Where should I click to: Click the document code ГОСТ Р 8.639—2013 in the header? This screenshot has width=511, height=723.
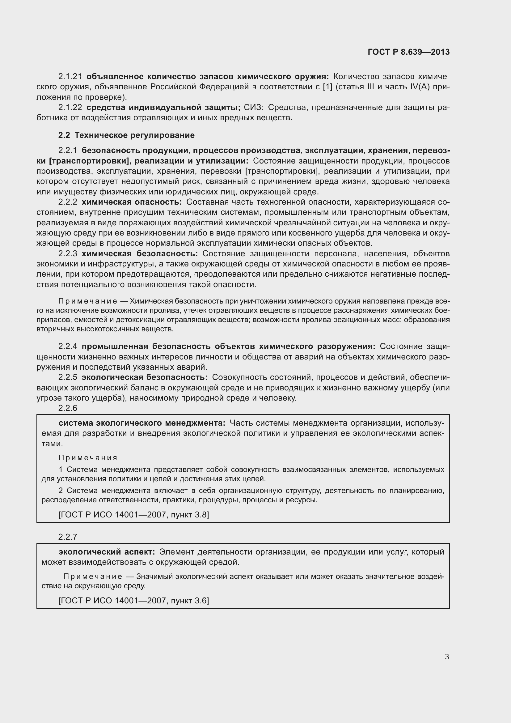[x=408, y=52]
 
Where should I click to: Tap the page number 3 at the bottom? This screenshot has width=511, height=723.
[x=447, y=657]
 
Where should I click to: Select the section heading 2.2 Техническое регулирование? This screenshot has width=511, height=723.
[x=126, y=135]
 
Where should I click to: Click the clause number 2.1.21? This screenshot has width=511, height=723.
[x=70, y=77]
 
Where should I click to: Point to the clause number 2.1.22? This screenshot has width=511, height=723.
[x=70, y=108]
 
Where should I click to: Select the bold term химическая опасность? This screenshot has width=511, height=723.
[x=132, y=202]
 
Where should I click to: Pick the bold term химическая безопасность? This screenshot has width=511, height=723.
[x=140, y=254]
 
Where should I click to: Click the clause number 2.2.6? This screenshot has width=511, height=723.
[x=68, y=408]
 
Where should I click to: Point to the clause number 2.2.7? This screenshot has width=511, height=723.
[x=68, y=537]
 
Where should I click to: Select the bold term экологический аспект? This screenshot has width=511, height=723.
[x=107, y=552]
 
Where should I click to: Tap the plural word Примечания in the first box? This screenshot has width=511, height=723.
[x=88, y=458]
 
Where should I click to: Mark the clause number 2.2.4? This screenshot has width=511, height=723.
[x=68, y=347]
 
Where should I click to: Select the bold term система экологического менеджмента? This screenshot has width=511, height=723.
[x=142, y=423]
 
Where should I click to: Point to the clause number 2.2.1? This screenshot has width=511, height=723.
[x=68, y=151]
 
